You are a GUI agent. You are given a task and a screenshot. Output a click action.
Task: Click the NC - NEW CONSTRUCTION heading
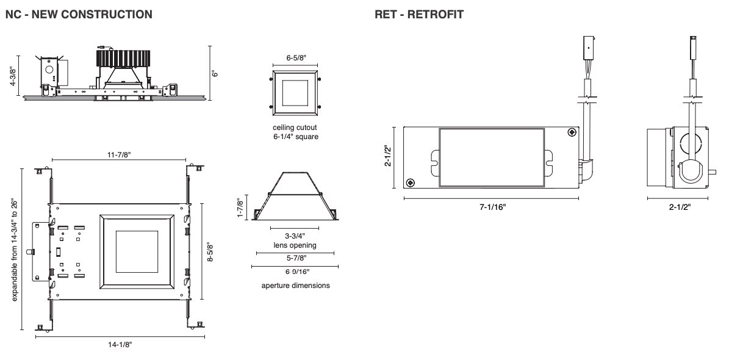tap(79, 14)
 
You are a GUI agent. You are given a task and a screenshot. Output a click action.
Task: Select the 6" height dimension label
tap(215, 73)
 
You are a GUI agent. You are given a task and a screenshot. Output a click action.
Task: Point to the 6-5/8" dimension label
tap(296, 58)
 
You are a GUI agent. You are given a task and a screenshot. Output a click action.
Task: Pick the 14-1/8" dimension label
tap(120, 345)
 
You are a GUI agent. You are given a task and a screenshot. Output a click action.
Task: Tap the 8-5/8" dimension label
tap(210, 251)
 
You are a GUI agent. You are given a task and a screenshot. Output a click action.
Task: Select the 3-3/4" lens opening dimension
tap(295, 236)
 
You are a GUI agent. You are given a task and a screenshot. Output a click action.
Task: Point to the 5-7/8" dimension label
tap(295, 258)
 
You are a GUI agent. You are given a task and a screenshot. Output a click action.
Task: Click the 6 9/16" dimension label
tap(295, 272)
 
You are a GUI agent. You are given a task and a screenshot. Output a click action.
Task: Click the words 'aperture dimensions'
tap(295, 286)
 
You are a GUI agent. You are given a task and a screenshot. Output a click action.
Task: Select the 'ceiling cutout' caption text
tap(296, 128)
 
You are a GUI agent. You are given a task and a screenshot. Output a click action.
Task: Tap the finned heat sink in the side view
tap(123, 58)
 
